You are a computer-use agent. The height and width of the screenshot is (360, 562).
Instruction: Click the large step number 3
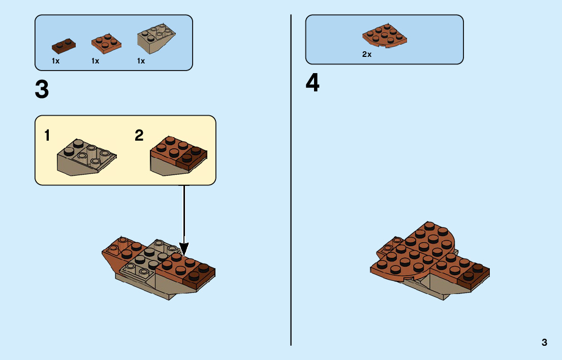(42, 90)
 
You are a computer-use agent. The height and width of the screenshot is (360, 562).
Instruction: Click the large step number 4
(313, 84)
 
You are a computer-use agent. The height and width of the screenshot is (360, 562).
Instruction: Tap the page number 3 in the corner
(544, 342)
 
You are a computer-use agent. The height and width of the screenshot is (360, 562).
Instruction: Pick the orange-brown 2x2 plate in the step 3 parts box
(106, 43)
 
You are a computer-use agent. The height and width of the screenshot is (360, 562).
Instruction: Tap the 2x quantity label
(367, 54)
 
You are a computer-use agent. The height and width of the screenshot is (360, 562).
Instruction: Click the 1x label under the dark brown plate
(56, 61)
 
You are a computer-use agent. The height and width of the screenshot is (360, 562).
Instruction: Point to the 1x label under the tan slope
(141, 61)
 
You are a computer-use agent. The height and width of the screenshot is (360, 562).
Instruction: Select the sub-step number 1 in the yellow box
(47, 136)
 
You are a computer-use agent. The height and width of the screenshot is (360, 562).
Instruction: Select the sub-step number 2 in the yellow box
(139, 136)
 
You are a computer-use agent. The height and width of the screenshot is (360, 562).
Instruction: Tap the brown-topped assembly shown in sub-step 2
(178, 156)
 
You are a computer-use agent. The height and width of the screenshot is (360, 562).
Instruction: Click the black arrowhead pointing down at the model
(184, 249)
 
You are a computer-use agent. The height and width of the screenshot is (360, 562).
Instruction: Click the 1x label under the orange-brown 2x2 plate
(95, 61)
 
